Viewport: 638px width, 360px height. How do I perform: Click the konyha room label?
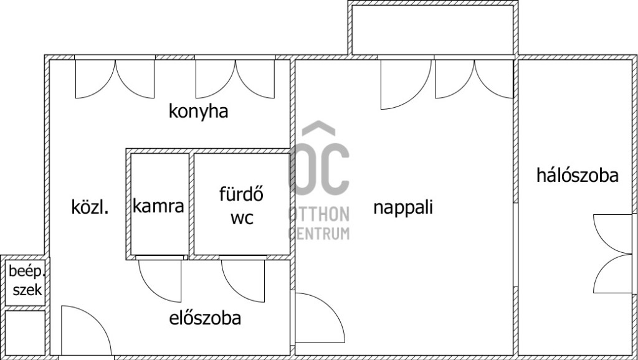199,112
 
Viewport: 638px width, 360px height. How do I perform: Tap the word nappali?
402,207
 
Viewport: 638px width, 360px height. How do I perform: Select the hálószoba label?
577,176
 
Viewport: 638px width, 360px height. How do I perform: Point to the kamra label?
158,206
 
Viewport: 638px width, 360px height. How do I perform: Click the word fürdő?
241,194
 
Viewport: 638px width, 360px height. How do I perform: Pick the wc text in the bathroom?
242,219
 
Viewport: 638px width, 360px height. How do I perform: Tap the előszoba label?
205,318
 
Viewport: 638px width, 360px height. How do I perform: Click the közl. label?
90,207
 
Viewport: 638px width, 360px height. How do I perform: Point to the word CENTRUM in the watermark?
318,234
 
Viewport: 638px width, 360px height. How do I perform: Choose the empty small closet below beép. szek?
24,332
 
